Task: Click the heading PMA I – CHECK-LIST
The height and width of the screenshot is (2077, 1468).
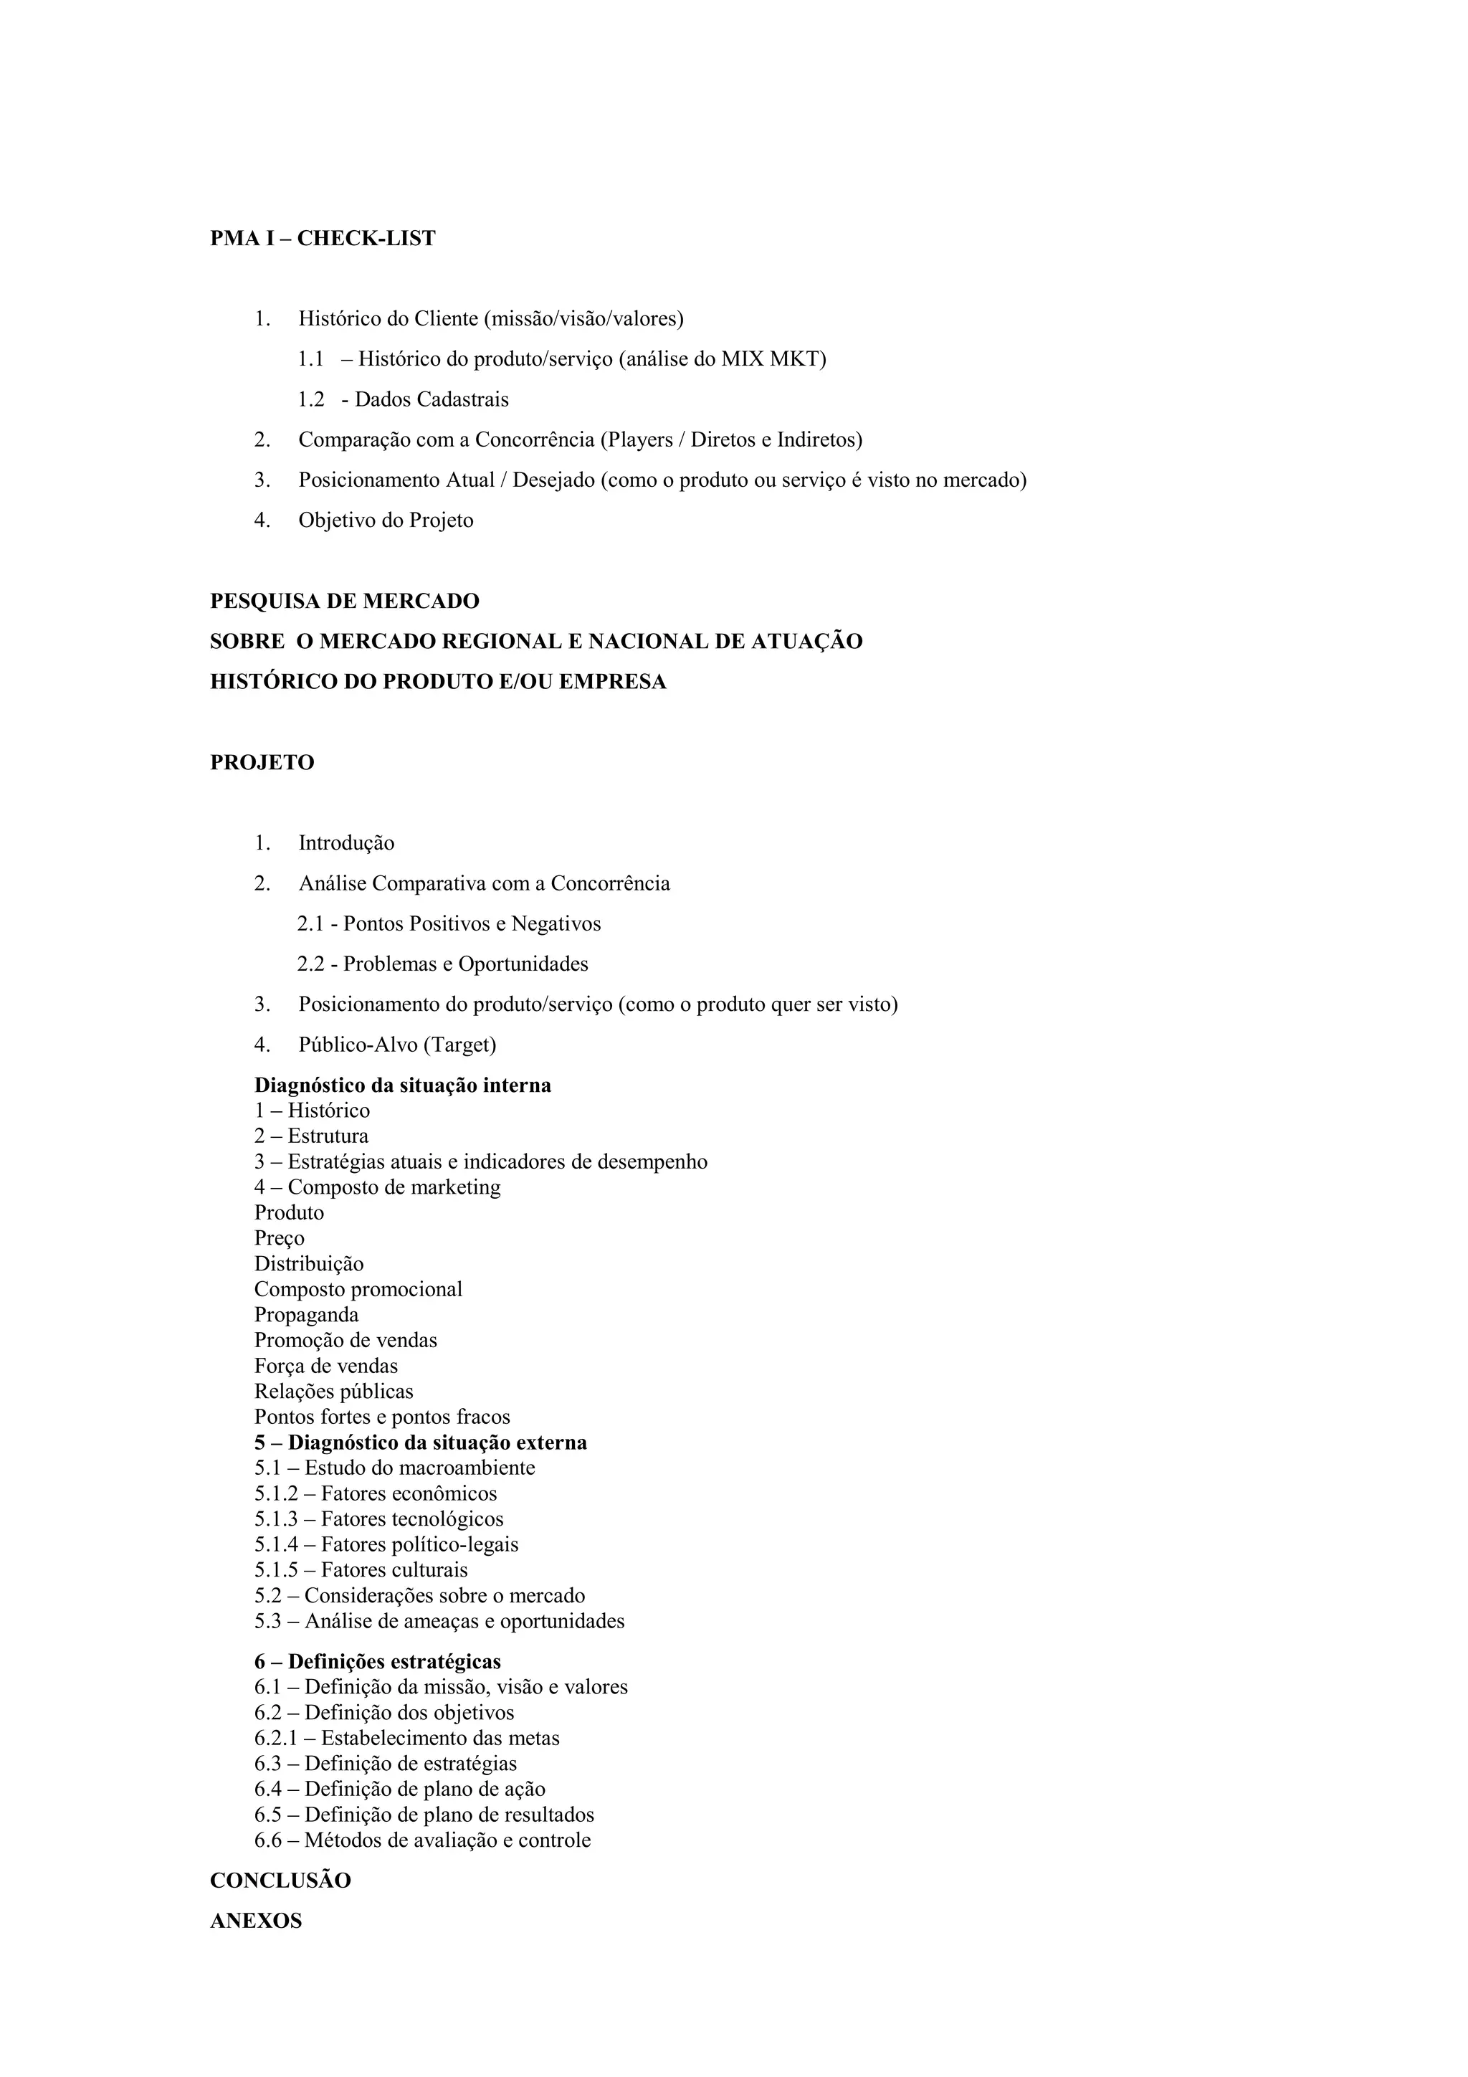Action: point(322,239)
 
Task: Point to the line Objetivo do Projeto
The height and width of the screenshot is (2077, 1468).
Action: point(386,521)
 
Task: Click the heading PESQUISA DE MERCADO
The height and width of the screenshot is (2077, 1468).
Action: point(344,602)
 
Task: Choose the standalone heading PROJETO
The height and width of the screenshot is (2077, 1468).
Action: point(262,763)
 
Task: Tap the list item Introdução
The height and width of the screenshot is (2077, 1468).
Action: point(346,843)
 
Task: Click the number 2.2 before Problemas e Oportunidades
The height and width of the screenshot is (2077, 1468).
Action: point(310,964)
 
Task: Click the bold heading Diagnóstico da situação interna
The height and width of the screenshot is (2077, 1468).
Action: point(403,1085)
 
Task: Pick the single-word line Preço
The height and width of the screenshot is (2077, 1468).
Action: point(280,1238)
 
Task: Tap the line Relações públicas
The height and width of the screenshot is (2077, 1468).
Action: point(334,1392)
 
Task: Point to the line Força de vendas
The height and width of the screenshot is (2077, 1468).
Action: point(325,1366)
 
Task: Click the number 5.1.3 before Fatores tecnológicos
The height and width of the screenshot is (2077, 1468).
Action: point(276,1518)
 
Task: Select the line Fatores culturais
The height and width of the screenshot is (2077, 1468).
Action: point(394,1569)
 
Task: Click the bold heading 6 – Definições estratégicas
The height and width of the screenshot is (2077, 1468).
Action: point(377,1662)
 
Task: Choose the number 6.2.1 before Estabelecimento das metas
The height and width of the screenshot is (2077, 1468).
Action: point(276,1738)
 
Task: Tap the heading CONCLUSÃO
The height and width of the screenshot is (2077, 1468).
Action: point(280,1881)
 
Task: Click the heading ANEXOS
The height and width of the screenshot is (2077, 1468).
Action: point(256,1921)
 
